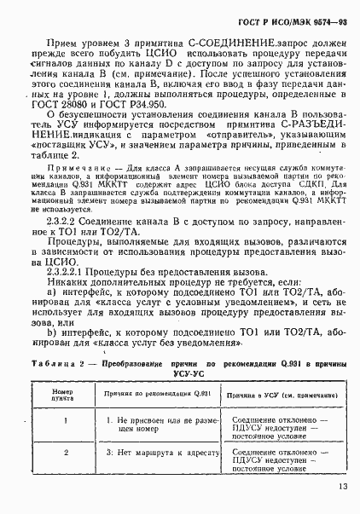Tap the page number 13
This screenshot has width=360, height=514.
(x=340, y=488)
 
